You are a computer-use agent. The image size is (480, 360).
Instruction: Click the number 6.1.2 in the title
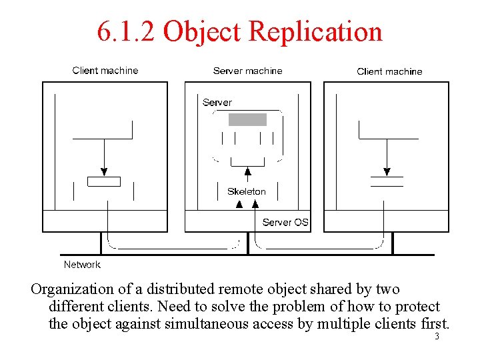127,31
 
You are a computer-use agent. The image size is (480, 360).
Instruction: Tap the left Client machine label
105,71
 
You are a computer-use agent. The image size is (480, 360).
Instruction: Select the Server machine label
247,71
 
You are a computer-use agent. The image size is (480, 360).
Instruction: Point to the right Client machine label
389,71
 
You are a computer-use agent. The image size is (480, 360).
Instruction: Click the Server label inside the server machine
217,103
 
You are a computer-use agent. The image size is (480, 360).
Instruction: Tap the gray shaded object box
247,120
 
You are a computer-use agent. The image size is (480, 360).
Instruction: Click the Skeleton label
246,191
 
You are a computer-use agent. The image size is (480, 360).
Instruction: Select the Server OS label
285,222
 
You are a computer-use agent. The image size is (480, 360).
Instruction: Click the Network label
82,265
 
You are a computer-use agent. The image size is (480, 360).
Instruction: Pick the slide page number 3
437,337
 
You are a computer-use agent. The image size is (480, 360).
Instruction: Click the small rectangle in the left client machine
104,181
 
